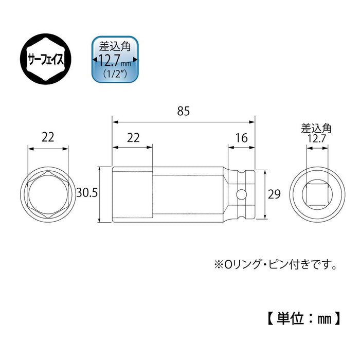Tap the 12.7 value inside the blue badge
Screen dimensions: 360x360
(x=111, y=61)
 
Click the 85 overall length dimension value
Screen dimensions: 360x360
(x=183, y=111)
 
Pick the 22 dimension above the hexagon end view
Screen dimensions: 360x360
(x=47, y=136)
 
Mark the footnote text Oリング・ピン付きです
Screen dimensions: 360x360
(x=280, y=266)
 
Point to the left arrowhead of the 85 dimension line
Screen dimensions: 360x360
(x=115, y=122)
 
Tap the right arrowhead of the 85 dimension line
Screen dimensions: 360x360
(x=252, y=122)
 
